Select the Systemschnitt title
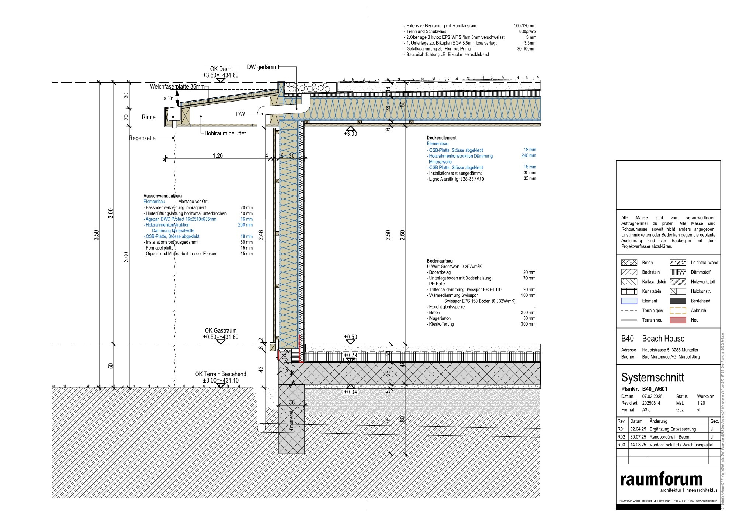click(652, 377)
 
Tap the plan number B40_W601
click(655, 389)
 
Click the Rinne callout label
click(148, 117)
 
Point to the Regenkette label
click(142, 138)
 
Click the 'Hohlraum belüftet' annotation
click(225, 133)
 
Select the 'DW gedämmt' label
click(263, 67)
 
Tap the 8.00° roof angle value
click(169, 99)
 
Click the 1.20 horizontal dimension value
click(218, 156)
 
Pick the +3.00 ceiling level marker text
click(351, 134)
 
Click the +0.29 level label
click(351, 355)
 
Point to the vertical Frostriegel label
click(291, 421)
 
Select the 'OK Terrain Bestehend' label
click(221, 374)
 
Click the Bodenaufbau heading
click(440, 261)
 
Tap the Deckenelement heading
click(442, 138)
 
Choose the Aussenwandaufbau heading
click(162, 196)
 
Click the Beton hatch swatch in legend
click(629, 263)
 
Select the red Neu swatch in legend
click(678, 320)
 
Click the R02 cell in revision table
click(622, 437)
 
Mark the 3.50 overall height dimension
click(96, 235)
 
